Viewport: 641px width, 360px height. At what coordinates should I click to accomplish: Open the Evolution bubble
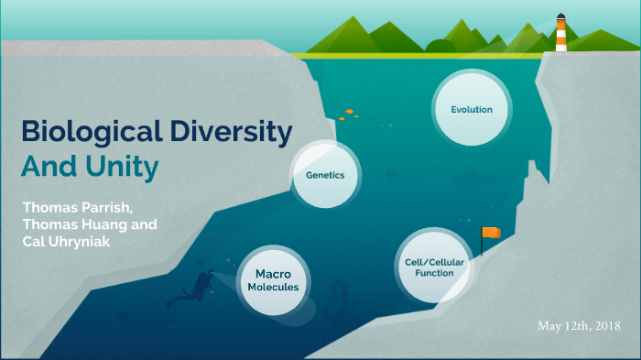coord(472,110)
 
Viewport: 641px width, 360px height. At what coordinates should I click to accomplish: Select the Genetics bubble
coord(325,174)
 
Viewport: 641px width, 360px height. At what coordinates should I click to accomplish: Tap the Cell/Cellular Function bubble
coord(433,267)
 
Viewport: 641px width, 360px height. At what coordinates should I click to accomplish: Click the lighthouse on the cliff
coord(560,35)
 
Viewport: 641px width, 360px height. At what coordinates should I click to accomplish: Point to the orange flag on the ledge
coord(492,233)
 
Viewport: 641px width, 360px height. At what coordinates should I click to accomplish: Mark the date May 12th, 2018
coord(580,326)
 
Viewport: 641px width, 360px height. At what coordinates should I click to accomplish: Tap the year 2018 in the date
coord(605,326)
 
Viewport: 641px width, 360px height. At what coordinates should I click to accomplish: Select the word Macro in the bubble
coord(272,273)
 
